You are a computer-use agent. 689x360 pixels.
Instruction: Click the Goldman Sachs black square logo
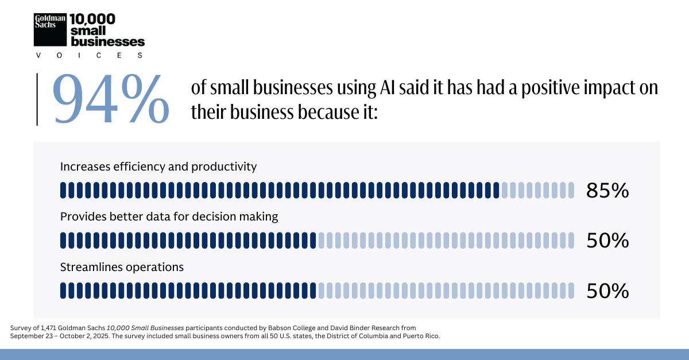pos(51,29)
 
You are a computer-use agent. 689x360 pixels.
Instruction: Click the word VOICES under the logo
pos(89,56)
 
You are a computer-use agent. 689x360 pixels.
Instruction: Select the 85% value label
pos(607,191)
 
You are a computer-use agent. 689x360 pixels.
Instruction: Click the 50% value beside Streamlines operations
pos(607,291)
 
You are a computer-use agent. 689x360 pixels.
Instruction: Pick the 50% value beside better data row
pos(607,241)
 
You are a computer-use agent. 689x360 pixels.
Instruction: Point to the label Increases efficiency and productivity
pos(158,167)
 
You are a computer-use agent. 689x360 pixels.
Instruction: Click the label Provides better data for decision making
pos(169,217)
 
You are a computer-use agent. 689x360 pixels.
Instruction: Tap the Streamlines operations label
pos(122,267)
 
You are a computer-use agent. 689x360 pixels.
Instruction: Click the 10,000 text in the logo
pos(92,19)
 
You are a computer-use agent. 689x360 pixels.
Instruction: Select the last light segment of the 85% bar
pos(571,190)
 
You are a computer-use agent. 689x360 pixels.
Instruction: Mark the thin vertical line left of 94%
pos(37,99)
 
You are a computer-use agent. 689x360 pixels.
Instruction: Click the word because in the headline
pos(323,112)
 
